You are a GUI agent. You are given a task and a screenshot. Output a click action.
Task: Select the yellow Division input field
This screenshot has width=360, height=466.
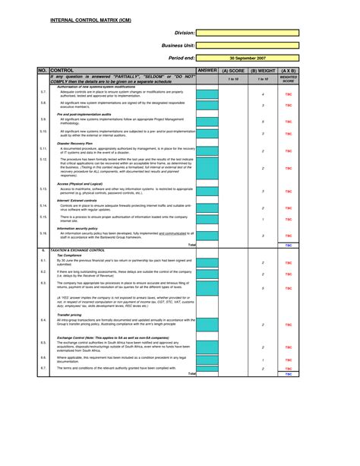click(x=247, y=33)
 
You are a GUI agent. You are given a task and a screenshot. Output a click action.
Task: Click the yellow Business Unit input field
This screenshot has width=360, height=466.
click(x=247, y=45)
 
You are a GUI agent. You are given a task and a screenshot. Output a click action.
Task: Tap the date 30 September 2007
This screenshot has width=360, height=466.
click(x=247, y=57)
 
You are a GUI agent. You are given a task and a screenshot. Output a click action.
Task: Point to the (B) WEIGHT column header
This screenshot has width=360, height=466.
click(x=263, y=70)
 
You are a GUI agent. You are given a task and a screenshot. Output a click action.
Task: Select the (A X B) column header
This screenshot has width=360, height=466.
click(x=288, y=70)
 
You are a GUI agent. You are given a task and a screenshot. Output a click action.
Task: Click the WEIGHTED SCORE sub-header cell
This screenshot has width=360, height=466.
click(x=288, y=78)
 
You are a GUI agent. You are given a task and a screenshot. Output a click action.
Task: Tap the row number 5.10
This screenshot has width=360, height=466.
click(x=43, y=133)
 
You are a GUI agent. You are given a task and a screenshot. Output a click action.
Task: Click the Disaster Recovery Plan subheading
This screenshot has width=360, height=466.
click(x=74, y=142)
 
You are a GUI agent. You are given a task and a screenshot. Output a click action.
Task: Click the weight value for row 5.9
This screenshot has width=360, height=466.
click(x=263, y=121)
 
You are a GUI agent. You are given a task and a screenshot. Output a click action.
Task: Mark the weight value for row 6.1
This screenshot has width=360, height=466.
click(x=263, y=262)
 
